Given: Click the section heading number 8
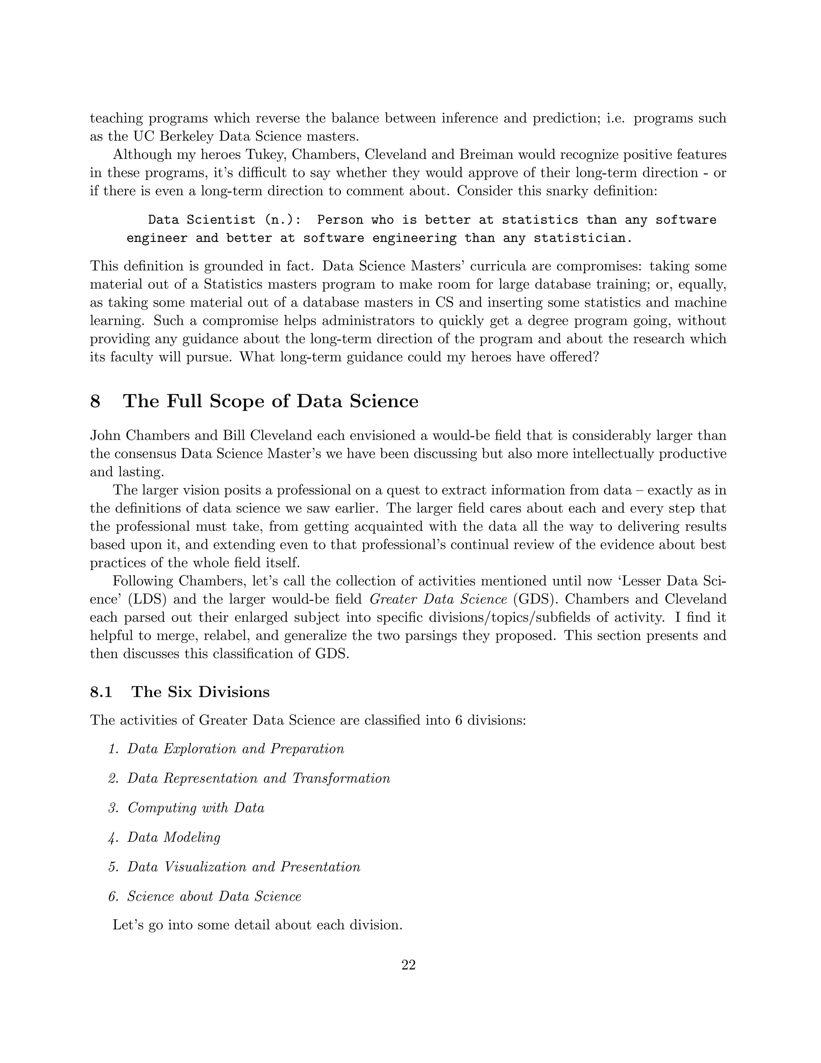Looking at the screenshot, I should [x=95, y=402].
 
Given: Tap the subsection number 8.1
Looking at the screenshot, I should [x=101, y=692].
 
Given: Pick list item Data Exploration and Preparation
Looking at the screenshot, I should [x=235, y=749].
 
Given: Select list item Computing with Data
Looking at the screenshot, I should [x=196, y=808].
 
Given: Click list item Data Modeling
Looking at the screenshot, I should [x=174, y=837].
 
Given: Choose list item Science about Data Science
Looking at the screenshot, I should [x=214, y=897].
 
